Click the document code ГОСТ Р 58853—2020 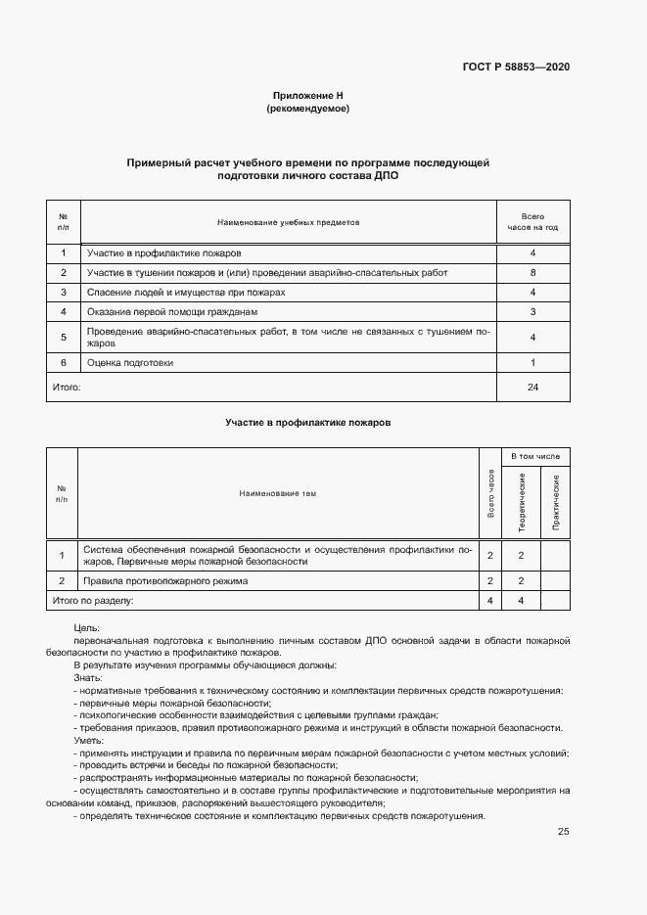(x=516, y=67)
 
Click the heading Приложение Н (x=307, y=96)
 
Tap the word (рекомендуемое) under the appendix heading (x=307, y=109)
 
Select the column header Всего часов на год (x=532, y=222)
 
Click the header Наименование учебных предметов (x=289, y=222)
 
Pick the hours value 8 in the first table (x=532, y=272)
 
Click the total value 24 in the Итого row (x=532, y=388)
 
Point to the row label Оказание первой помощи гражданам (x=171, y=312)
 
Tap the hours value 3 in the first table (x=532, y=312)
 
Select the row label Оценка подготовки (x=129, y=363)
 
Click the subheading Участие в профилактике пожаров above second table (x=307, y=422)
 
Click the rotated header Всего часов (x=489, y=494)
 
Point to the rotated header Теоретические (x=523, y=503)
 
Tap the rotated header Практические (x=555, y=503)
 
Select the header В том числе (x=535, y=457)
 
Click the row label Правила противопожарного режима (x=165, y=580)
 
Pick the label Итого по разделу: (x=93, y=600)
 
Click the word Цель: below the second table (x=86, y=627)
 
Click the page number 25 (x=563, y=832)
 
